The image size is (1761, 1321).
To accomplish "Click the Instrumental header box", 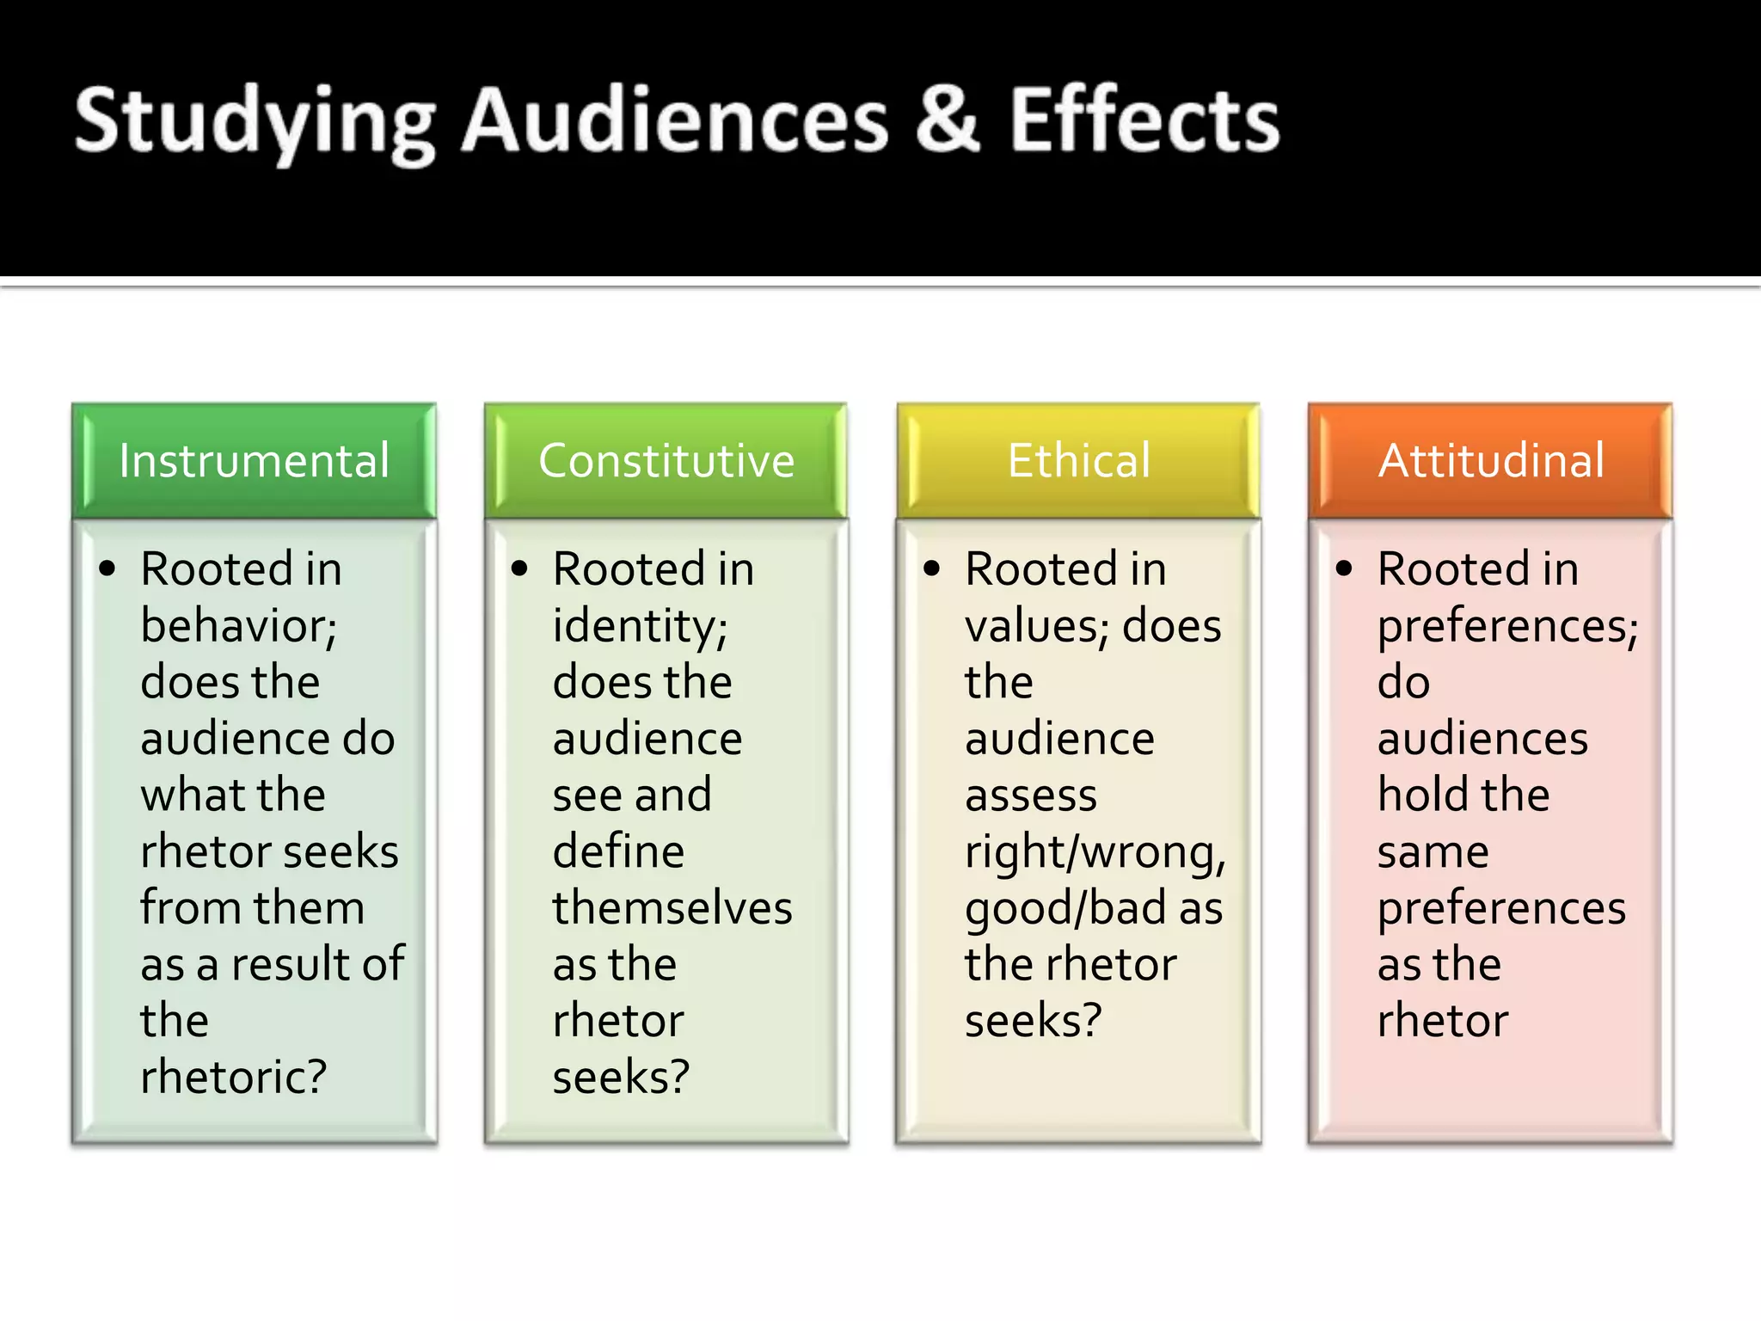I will pos(255,461).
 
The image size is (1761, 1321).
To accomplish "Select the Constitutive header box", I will pos(666,461).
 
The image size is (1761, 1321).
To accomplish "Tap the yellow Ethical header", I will pos(1078,461).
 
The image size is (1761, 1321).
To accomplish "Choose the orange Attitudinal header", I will pos(1491,461).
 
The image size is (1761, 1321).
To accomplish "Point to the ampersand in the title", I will pos(947,120).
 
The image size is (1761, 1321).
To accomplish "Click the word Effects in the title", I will pos(1144,120).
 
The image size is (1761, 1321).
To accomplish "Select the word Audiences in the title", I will pos(675,120).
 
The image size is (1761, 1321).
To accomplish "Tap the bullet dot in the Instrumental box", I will pos(107,568).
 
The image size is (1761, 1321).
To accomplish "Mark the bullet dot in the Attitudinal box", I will pos(1345,568).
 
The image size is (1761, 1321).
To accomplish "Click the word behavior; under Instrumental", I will pos(239,626).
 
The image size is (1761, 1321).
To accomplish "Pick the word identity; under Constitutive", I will pos(641,626).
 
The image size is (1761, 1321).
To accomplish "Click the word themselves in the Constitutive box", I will pos(672,908).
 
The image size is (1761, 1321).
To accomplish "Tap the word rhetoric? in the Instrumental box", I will pos(234,1077).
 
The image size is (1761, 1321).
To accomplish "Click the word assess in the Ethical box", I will pos(1031,796).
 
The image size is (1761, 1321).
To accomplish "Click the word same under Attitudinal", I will pos(1433,852).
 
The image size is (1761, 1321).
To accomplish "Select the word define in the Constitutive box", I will pos(619,851).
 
